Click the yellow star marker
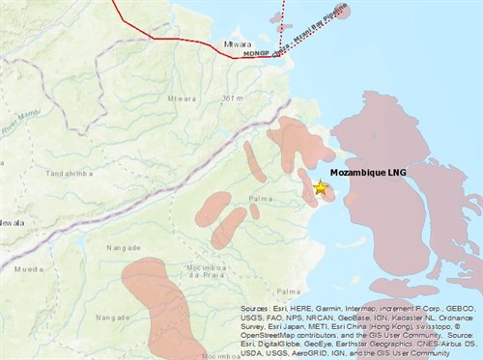coord(320,188)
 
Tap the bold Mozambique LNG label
coord(370,173)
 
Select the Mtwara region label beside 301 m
coord(182,98)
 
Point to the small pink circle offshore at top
coord(342,11)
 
